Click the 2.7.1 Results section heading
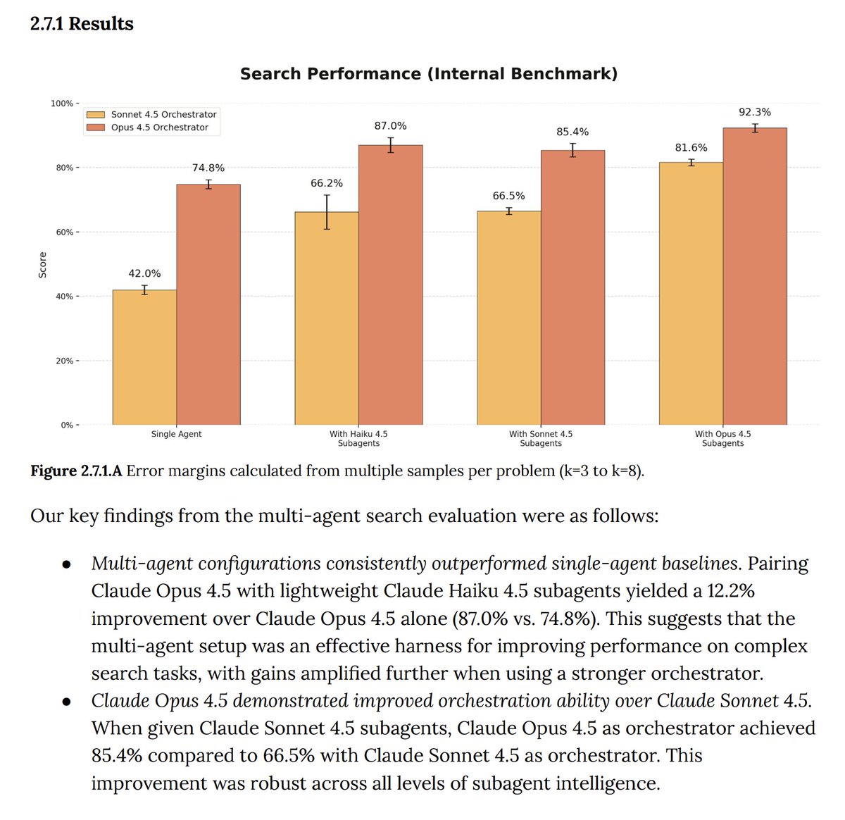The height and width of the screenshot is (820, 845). tap(82, 24)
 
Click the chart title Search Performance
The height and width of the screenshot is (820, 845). tap(428, 74)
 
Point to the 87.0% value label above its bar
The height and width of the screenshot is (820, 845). tap(390, 126)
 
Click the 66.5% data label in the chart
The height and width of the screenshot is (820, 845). tap(508, 196)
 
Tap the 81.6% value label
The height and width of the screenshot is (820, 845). tap(691, 148)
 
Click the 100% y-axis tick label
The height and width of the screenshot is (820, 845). tap(61, 104)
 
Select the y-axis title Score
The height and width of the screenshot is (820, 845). tap(43, 264)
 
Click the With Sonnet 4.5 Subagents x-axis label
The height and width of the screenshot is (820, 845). tap(541, 438)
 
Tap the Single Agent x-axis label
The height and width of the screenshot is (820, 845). tap(176, 434)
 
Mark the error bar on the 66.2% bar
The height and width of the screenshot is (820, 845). tap(327, 212)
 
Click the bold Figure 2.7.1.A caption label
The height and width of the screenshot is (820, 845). tap(76, 471)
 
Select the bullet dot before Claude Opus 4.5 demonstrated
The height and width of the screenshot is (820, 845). tap(67, 702)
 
